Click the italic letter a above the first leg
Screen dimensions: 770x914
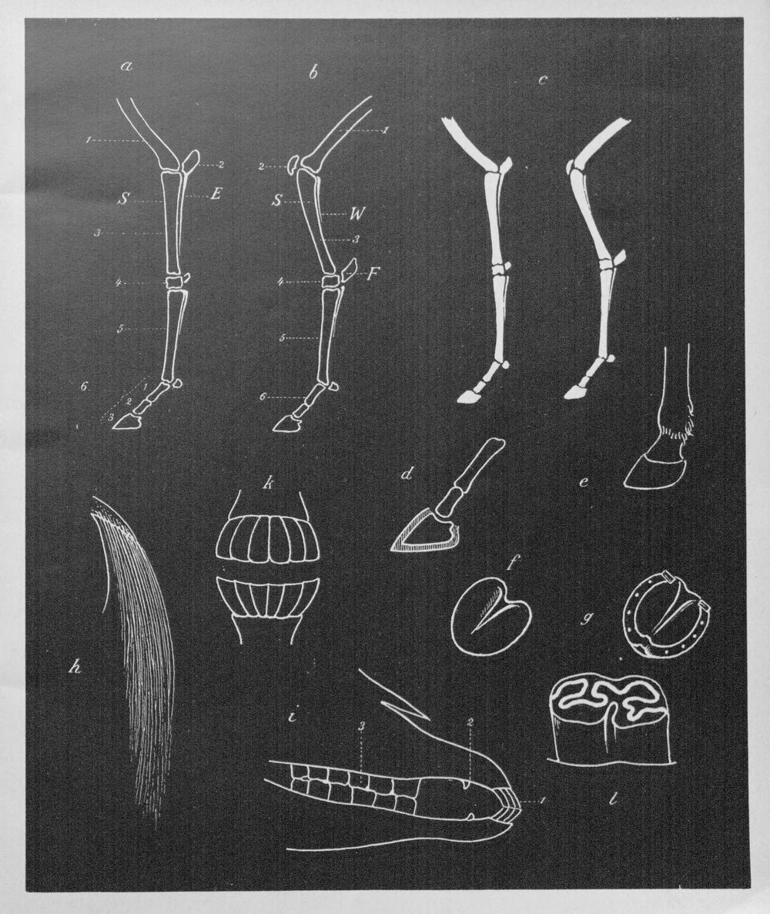(126, 66)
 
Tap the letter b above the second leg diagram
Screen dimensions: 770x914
(313, 73)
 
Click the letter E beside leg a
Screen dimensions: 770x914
(216, 195)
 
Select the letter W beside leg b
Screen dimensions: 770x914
(357, 214)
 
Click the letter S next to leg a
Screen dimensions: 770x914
(123, 199)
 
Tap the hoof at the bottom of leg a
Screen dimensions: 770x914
(126, 422)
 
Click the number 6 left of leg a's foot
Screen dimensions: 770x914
(85, 386)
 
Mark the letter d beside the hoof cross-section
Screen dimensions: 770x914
(407, 474)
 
